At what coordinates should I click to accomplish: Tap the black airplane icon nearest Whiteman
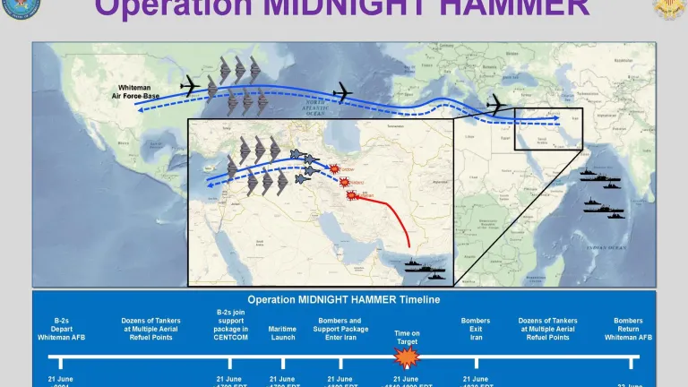pyautogui.click(x=190, y=86)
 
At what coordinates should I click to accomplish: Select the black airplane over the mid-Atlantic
pyautogui.click(x=342, y=91)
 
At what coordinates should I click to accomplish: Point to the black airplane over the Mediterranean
pyautogui.click(x=495, y=105)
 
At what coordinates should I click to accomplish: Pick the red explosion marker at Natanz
pyautogui.click(x=344, y=182)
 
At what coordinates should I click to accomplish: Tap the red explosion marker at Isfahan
pyautogui.click(x=352, y=195)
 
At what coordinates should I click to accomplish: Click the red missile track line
pyautogui.click(x=394, y=215)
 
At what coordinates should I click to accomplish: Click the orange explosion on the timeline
pyautogui.click(x=408, y=359)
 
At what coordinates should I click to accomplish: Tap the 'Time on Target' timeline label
pyautogui.click(x=407, y=337)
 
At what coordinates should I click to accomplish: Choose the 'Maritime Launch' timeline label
pyautogui.click(x=282, y=333)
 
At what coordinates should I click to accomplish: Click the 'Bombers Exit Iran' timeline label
pyautogui.click(x=475, y=329)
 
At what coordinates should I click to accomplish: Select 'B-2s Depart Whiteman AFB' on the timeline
pyautogui.click(x=61, y=329)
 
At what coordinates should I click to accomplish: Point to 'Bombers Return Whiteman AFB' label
pyautogui.click(x=628, y=329)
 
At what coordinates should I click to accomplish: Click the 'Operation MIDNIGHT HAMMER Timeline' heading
pyautogui.click(x=344, y=299)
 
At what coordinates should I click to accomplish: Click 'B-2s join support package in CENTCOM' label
pyautogui.click(x=232, y=324)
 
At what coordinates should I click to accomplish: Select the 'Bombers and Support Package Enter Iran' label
pyautogui.click(x=341, y=329)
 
